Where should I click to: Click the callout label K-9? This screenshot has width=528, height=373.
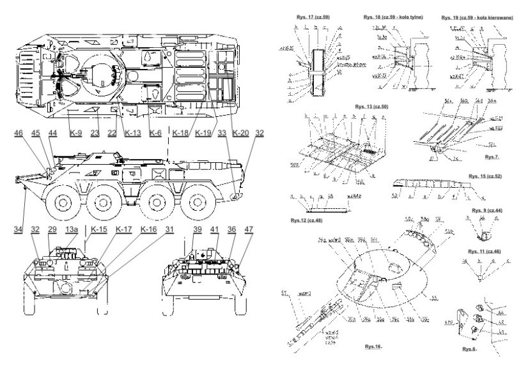coord(75,133)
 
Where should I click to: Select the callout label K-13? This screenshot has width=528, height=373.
coord(133,133)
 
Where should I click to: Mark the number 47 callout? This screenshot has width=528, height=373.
coord(248,229)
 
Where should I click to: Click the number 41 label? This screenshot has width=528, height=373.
coord(215,229)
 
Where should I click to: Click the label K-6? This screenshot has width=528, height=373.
coord(155,133)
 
